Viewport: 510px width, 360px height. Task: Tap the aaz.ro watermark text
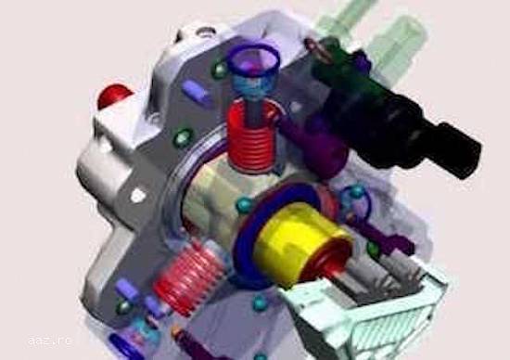[x=50, y=341]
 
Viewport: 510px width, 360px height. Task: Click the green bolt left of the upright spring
[x=183, y=138]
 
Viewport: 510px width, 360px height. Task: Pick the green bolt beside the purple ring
[x=220, y=70]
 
